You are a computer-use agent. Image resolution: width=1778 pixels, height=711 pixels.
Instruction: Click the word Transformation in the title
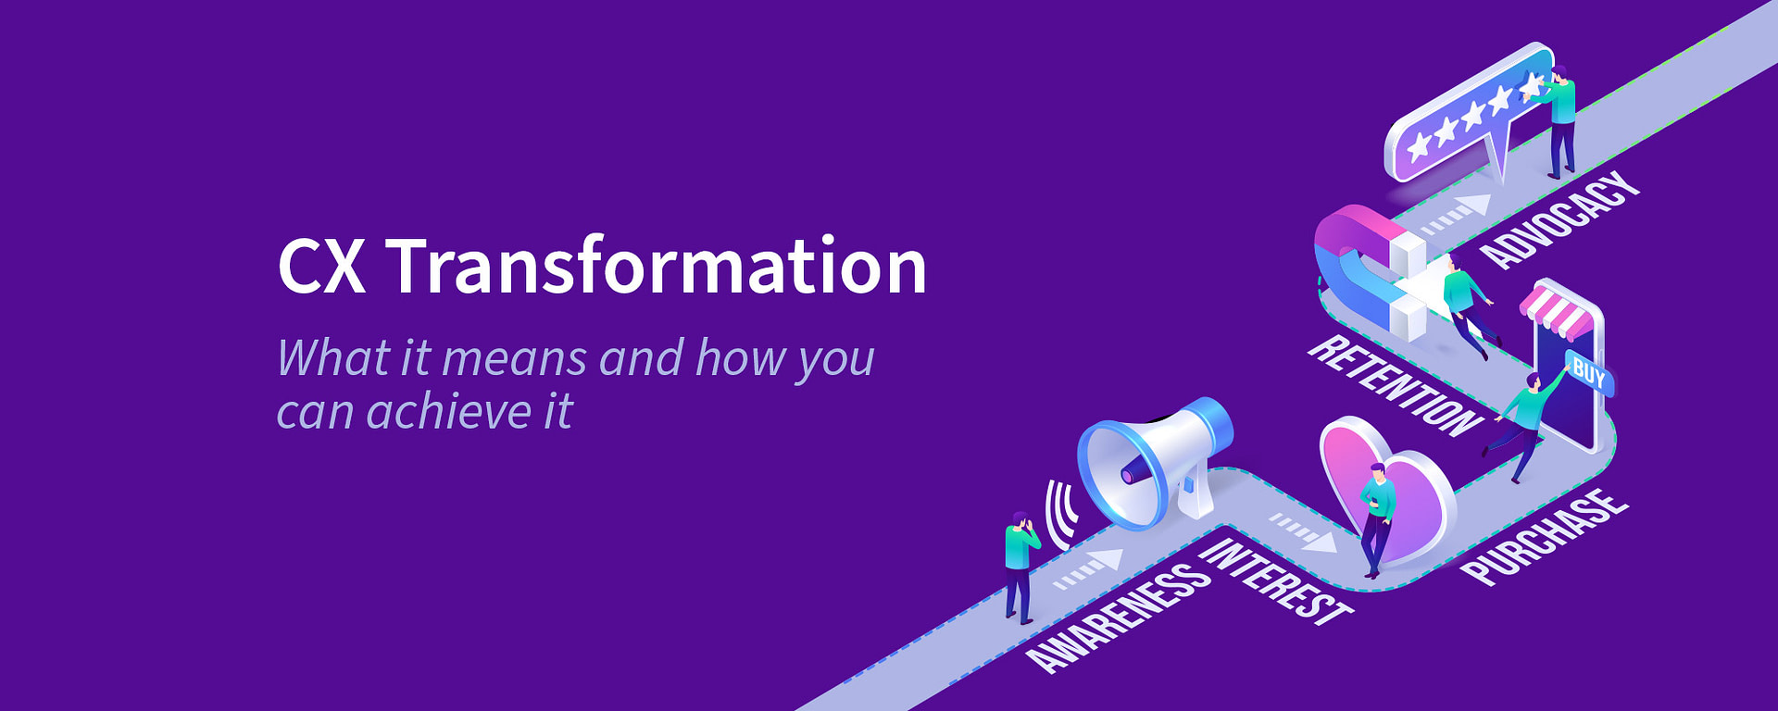pos(656,267)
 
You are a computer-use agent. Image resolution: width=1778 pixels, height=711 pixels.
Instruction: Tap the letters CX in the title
pos(320,267)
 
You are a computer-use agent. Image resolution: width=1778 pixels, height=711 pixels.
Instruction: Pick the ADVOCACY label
pos(1559,220)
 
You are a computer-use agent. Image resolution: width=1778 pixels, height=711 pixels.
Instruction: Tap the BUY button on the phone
pos(1588,373)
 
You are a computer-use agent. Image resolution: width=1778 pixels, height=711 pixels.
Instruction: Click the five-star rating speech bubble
pos(1468,116)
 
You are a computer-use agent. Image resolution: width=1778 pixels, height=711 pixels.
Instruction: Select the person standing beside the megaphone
pos(1019,565)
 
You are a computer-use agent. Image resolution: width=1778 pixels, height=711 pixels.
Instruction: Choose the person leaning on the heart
pos(1377,518)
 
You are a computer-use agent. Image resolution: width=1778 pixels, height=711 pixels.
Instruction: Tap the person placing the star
pos(1561,125)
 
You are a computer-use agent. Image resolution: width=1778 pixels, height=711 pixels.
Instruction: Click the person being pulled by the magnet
pos(1468,306)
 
